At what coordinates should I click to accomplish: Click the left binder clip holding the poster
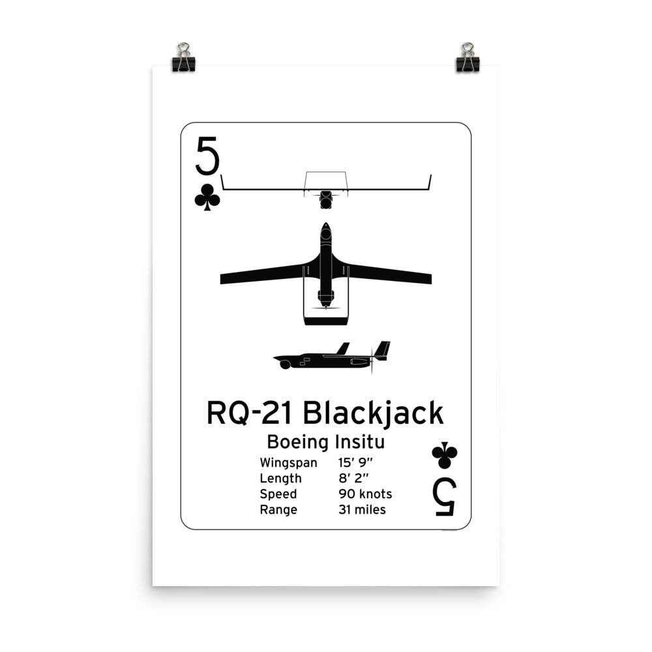[183, 58]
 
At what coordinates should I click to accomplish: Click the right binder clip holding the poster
[467, 58]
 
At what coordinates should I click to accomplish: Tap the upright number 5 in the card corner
[207, 156]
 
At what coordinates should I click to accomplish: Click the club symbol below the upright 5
[207, 197]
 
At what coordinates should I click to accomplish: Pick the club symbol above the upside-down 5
[445, 456]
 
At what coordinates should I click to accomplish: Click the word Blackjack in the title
[374, 413]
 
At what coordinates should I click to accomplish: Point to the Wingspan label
[288, 464]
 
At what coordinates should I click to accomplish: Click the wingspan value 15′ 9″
[355, 463]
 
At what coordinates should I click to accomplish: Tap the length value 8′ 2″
[352, 479]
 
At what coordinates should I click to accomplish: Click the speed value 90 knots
[365, 494]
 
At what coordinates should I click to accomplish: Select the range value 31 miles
[362, 509]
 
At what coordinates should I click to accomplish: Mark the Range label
[278, 510]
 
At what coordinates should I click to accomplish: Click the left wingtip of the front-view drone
[222, 177]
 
